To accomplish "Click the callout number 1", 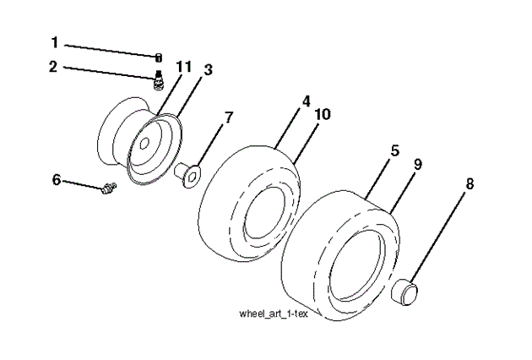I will (x=55, y=41).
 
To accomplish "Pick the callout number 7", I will (x=227, y=117).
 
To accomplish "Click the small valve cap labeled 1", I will (x=157, y=57).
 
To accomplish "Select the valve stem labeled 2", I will (x=156, y=82).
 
